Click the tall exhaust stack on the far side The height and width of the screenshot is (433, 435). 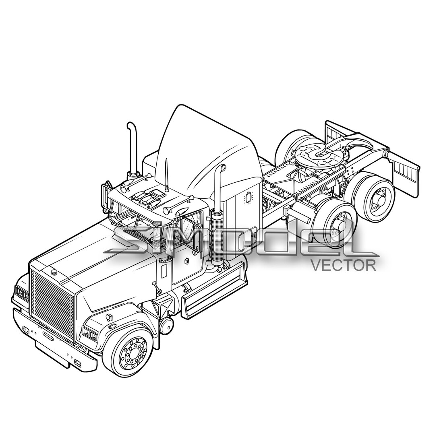(x=132, y=149)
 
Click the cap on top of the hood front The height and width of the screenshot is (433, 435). (x=54, y=272)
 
